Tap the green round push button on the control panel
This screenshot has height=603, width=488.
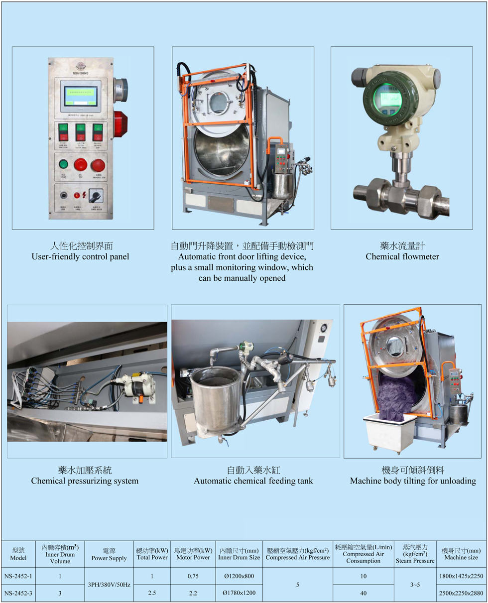(x=63, y=164)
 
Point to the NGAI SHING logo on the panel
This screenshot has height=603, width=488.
(x=80, y=67)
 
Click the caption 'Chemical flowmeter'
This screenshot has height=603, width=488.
(x=402, y=257)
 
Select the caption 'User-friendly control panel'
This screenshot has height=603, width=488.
(x=80, y=257)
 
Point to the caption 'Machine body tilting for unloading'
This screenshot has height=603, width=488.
(x=413, y=481)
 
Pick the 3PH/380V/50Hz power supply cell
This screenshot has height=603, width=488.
(x=109, y=585)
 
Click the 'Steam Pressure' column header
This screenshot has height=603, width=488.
(x=415, y=554)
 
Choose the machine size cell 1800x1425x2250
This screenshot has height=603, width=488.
(x=461, y=576)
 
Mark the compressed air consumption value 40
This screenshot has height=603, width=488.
(x=363, y=593)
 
